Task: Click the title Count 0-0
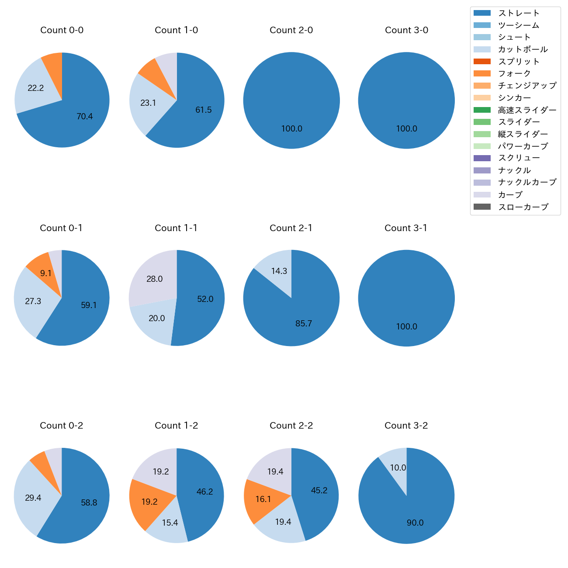(62, 30)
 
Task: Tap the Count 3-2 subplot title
(406, 426)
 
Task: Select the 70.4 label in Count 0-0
(84, 116)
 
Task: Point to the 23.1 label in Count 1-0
(148, 103)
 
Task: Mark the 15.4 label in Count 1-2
(170, 523)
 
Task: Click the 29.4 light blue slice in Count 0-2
(33, 498)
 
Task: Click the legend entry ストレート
(519, 13)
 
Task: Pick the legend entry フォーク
(514, 73)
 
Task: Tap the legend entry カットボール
(523, 49)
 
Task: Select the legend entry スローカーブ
(523, 207)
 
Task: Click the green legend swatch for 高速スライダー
(482, 110)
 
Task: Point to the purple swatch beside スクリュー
(482, 158)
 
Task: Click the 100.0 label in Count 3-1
(406, 326)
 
